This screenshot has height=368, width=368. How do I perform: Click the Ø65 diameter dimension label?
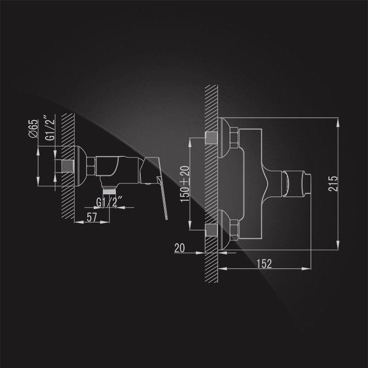coord(33,128)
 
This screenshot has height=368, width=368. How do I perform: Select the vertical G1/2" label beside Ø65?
coord(50,128)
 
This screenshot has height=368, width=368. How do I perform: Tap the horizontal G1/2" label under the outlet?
coord(109,202)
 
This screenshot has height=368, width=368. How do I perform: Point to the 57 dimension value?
coord(92,217)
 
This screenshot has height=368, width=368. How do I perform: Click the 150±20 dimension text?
coord(185,184)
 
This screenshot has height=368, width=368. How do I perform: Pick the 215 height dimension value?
coord(333,184)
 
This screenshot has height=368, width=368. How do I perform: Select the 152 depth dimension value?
coord(264,264)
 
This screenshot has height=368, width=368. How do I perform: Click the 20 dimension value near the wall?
coord(179,248)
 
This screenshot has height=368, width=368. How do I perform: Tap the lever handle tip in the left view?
coord(167,218)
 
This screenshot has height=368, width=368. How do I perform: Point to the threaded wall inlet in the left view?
coord(68,166)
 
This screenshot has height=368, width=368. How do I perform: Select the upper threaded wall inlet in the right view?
coord(211,138)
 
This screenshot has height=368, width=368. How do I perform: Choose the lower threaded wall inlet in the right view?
coord(211,230)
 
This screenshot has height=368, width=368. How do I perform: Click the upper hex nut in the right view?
coord(234,138)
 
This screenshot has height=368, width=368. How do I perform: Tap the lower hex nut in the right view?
coord(234,230)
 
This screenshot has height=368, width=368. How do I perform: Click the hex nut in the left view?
coord(91,166)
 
